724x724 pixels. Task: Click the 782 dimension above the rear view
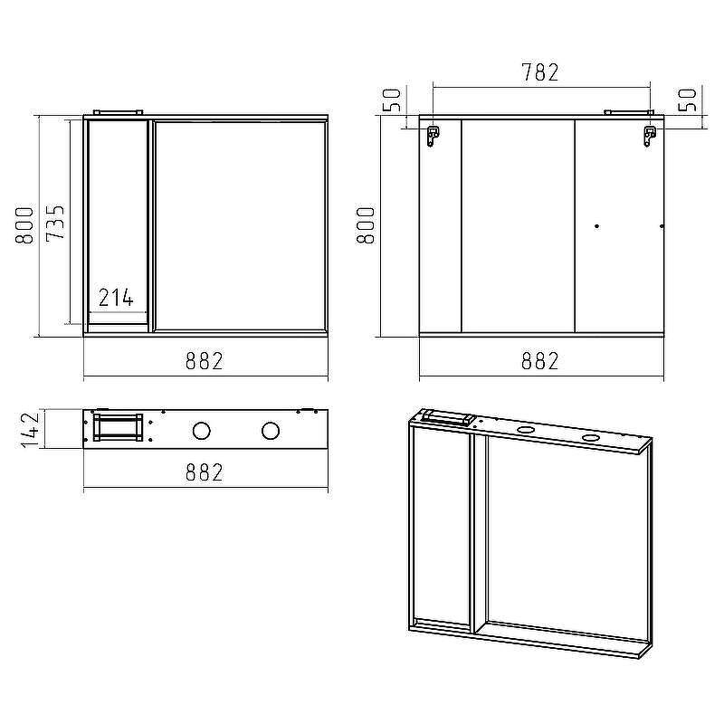(x=540, y=72)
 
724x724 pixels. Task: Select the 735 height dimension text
(x=55, y=222)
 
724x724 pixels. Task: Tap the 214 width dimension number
(x=116, y=297)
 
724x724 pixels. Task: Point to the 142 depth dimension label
(x=29, y=429)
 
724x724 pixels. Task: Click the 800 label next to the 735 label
(x=25, y=224)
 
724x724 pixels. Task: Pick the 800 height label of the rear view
(x=366, y=224)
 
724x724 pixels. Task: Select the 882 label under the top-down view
(x=205, y=472)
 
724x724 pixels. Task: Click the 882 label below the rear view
(x=540, y=361)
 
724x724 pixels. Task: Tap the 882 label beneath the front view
(x=205, y=361)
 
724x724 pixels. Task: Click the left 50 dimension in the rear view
(x=392, y=100)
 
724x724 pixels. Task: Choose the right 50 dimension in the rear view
(x=688, y=100)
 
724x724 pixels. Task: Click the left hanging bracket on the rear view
(x=433, y=136)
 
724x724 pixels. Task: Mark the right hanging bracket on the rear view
(x=649, y=136)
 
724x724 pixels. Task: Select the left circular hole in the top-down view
(x=202, y=431)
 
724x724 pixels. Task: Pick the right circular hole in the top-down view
(x=270, y=431)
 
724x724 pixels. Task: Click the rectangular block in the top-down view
(x=118, y=427)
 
